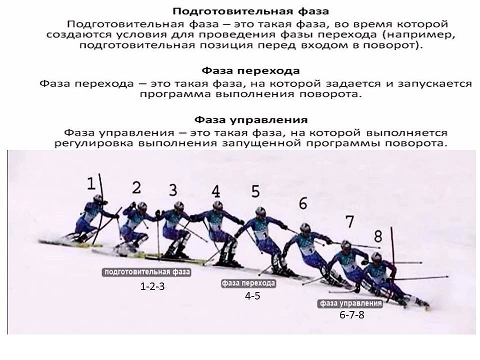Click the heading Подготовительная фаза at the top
[x=250, y=11]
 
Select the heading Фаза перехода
[x=250, y=71]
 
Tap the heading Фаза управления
[x=251, y=119]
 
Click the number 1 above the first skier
[x=91, y=183]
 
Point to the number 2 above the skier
[x=136, y=187]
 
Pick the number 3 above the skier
[x=173, y=190]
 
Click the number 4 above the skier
[x=216, y=191]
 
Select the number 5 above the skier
[x=255, y=191]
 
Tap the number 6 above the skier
[x=303, y=203]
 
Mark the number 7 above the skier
[x=349, y=221]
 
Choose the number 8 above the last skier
[x=378, y=236]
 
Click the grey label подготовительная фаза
[x=147, y=272]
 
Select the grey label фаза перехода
[x=248, y=283]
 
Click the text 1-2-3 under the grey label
[x=152, y=286]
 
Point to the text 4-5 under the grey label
[x=252, y=296]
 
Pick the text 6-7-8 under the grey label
[x=352, y=314]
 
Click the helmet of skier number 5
[x=260, y=211]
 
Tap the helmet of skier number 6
[x=305, y=227]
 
